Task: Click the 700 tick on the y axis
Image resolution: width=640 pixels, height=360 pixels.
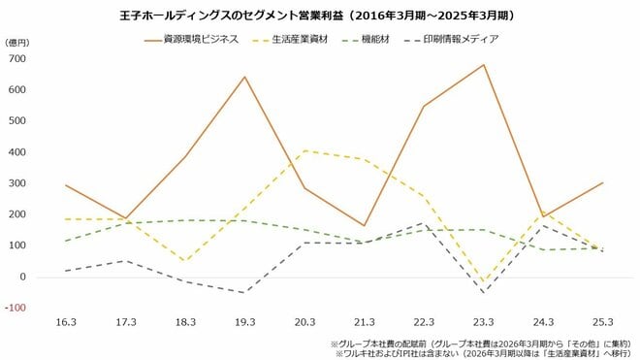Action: tap(18, 58)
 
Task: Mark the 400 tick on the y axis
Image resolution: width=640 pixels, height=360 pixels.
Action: tap(18, 152)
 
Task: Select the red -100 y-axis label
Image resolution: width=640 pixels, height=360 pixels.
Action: tap(16, 308)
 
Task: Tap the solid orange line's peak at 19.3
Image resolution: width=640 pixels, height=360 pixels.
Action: tap(244, 77)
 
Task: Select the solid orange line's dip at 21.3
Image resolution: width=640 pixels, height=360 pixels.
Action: tap(364, 226)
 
